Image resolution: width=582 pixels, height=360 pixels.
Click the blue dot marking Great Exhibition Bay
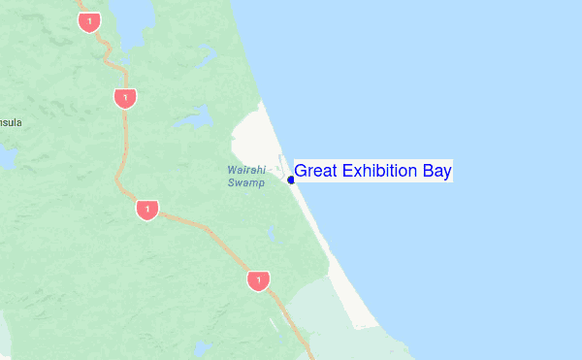291,180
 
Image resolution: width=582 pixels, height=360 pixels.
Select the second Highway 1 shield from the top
124,98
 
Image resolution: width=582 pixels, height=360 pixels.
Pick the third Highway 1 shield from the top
147,210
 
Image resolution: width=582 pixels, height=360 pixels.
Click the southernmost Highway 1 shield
257,281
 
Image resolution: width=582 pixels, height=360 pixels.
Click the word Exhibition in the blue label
378,172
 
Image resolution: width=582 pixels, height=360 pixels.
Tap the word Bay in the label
436,172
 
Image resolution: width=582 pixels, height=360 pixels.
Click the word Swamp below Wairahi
245,182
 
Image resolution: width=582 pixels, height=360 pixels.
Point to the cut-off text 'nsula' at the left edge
10,122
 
